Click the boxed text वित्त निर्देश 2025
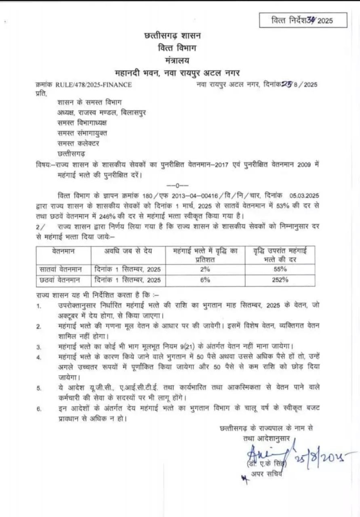[303, 20]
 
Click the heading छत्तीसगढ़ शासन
[172, 36]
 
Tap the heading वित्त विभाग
[177, 48]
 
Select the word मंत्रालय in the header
[177, 60]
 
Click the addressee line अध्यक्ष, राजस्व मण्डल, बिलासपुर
[102, 112]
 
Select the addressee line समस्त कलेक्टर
[78, 143]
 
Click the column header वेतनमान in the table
[63, 250]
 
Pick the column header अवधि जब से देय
[128, 250]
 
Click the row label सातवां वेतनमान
[61, 269]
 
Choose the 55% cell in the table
[280, 269]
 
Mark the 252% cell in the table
[280, 280]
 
